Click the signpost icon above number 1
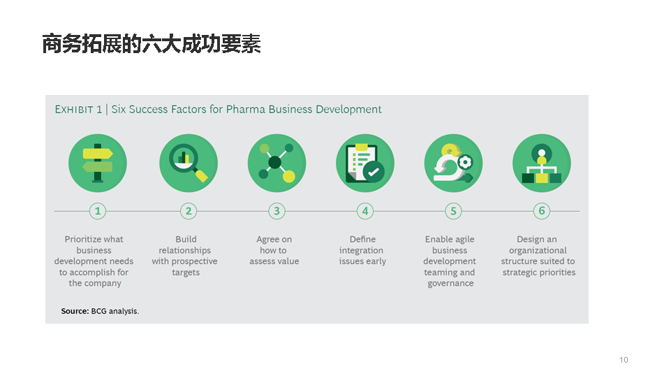pyautogui.click(x=98, y=163)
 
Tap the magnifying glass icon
pyautogui.click(x=189, y=163)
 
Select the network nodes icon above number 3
pyautogui.click(x=277, y=163)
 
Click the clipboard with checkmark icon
pyautogui.click(x=365, y=163)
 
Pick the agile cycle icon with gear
pyautogui.click(x=454, y=163)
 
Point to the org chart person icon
pyautogui.click(x=542, y=163)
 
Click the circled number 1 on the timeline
pyautogui.click(x=98, y=211)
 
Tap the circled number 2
pyautogui.click(x=189, y=211)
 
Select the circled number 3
pyautogui.click(x=277, y=211)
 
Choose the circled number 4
pyautogui.click(x=365, y=211)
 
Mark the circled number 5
pyautogui.click(x=454, y=211)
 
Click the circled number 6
pyautogui.click(x=542, y=211)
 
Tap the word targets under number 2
pyautogui.click(x=186, y=272)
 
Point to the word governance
pyautogui.click(x=450, y=284)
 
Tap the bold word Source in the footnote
pyautogui.click(x=75, y=311)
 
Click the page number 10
pyautogui.click(x=624, y=360)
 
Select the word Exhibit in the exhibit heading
pyautogui.click(x=74, y=110)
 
